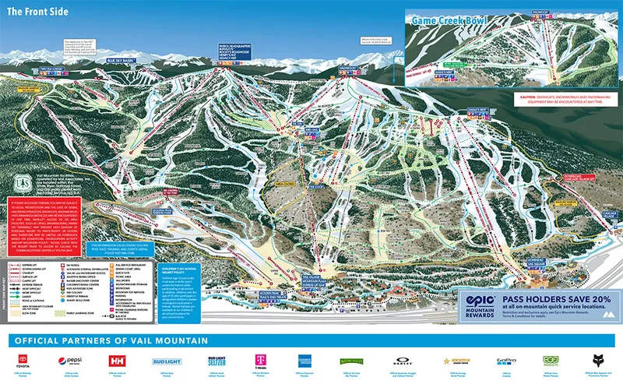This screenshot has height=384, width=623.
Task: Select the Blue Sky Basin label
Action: [120, 61]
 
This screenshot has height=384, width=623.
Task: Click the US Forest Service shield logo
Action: [22, 169]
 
